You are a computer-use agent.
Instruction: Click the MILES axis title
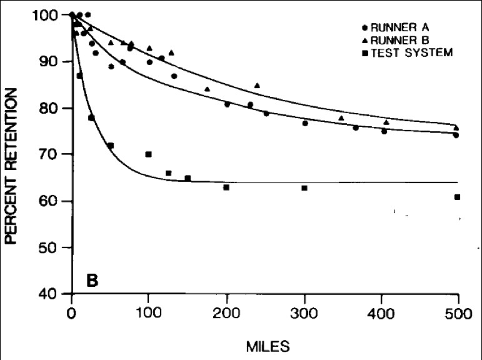(264, 344)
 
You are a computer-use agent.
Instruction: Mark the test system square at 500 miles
(458, 197)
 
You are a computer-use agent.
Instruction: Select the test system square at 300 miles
(304, 188)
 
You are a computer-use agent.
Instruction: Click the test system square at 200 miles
(226, 187)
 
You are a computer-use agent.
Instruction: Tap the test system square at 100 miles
(149, 154)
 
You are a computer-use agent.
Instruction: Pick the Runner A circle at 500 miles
(456, 135)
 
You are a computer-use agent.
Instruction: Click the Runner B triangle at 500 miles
(456, 127)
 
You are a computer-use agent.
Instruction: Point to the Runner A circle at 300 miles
(305, 123)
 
